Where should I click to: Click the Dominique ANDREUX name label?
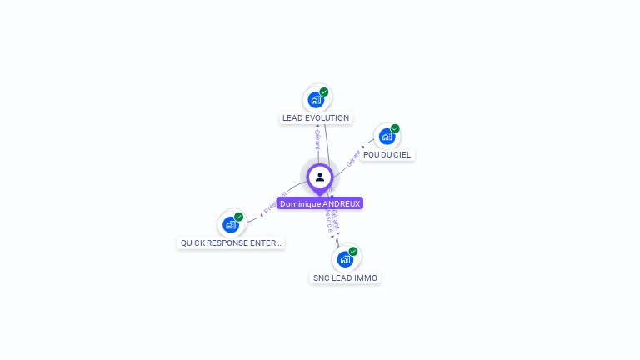[x=320, y=203]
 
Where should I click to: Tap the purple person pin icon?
[x=320, y=177]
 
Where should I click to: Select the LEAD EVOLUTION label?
[x=316, y=118]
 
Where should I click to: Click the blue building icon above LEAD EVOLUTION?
[x=315, y=100]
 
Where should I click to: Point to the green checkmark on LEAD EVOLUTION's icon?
[x=324, y=92]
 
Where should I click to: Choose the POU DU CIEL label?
[x=387, y=155]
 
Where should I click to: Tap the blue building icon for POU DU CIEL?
[x=386, y=137]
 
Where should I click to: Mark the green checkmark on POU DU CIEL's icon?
[x=395, y=128]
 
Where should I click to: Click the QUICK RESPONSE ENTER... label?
[x=232, y=243]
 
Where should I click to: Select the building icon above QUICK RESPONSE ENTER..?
[x=230, y=225]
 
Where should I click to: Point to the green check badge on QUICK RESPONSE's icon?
[x=239, y=217]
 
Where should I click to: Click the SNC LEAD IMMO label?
[x=345, y=278]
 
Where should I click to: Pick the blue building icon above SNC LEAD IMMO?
[x=344, y=259]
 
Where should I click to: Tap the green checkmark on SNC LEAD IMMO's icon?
[x=353, y=251]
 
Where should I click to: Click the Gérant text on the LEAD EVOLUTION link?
[x=317, y=139]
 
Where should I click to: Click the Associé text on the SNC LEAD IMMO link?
[x=328, y=219]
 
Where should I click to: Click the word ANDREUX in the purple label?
[x=341, y=203]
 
